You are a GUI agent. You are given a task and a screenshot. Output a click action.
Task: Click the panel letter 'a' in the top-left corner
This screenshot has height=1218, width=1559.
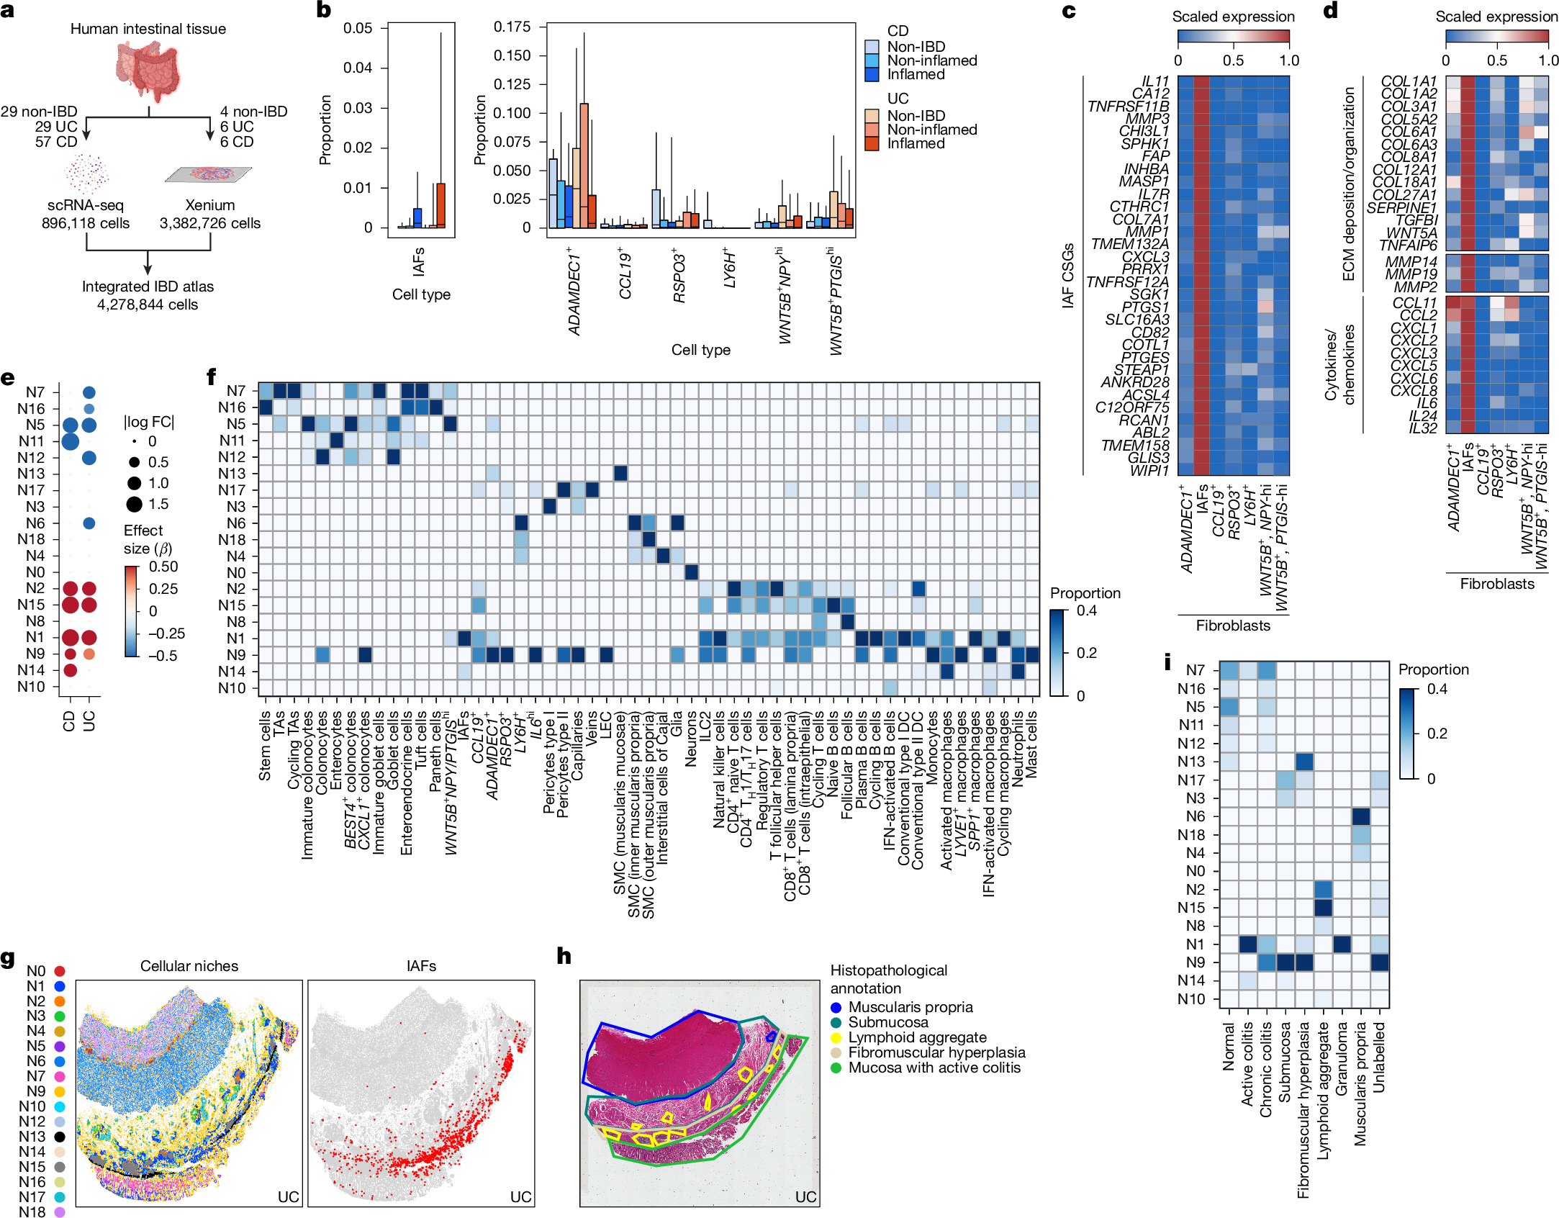click(x=8, y=10)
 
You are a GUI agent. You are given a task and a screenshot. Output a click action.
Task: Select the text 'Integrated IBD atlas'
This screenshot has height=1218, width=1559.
click(x=148, y=287)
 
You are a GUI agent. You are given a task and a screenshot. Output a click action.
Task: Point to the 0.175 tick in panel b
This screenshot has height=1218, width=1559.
click(x=512, y=27)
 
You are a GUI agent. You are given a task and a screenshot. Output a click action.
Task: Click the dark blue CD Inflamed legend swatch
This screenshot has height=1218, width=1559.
click(x=872, y=74)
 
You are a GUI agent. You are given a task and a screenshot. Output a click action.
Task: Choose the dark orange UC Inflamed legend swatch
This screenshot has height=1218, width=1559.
click(x=872, y=143)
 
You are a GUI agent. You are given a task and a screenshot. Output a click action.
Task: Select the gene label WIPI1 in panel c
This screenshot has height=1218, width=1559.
click(x=1149, y=471)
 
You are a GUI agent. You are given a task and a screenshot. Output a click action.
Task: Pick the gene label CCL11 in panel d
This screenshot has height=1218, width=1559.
click(x=1414, y=303)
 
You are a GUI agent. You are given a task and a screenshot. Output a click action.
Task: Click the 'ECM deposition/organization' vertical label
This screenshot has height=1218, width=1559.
click(x=1348, y=184)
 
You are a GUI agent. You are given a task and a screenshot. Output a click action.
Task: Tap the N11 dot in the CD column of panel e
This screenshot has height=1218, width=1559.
click(x=70, y=441)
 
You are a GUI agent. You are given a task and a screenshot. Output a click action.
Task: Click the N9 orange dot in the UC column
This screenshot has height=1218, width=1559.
click(x=89, y=654)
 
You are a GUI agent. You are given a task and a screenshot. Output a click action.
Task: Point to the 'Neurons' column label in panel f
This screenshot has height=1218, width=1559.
click(x=691, y=739)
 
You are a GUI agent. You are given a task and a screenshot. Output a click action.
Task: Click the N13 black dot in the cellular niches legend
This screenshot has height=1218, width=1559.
click(x=60, y=1136)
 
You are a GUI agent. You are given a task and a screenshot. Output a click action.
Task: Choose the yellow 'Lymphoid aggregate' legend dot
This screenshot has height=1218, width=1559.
click(x=836, y=1037)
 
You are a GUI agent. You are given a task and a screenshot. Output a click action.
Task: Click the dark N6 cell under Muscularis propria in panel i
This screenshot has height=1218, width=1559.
click(x=1360, y=816)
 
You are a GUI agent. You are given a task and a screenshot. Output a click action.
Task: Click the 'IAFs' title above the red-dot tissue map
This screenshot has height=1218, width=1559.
click(x=421, y=966)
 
